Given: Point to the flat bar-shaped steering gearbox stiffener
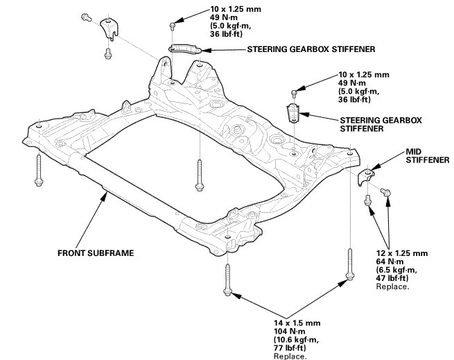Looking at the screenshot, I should (185, 48).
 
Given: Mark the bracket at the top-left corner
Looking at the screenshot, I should (110, 31).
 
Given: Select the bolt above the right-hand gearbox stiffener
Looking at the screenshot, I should (294, 91).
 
